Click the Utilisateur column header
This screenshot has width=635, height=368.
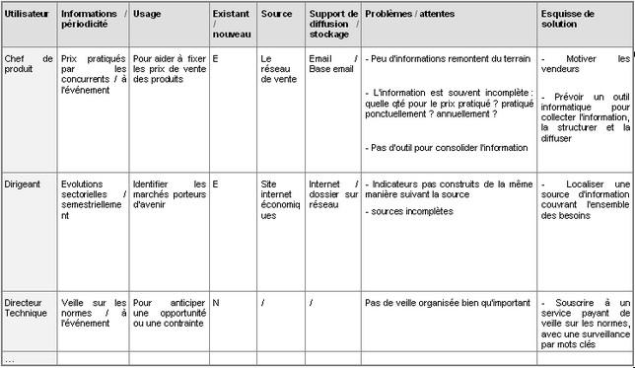tap(27, 15)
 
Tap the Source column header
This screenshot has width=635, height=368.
tap(276, 15)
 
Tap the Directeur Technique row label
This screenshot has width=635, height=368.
tap(27, 308)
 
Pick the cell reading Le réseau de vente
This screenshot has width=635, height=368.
tap(278, 69)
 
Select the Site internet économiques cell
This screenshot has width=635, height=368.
tap(281, 199)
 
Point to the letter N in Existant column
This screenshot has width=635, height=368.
tap(216, 303)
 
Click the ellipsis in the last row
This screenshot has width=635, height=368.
tap(10, 358)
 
